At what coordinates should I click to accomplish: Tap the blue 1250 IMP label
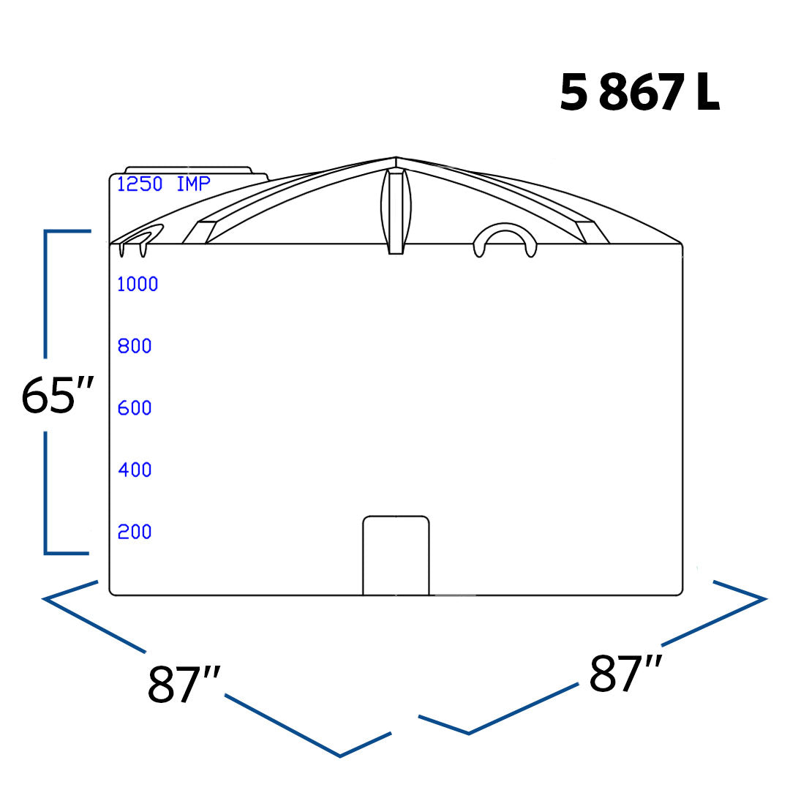click(163, 184)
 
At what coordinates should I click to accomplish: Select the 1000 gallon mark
click(138, 285)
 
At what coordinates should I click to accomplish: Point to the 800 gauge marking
click(135, 346)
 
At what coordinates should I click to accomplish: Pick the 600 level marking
click(135, 408)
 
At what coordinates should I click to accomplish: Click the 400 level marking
click(135, 470)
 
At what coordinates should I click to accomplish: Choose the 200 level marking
click(135, 532)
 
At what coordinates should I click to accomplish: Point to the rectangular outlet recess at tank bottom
click(396, 555)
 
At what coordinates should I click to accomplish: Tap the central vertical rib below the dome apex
click(396, 212)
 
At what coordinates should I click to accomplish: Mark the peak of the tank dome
click(396, 157)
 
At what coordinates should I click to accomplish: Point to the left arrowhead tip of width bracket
click(44, 599)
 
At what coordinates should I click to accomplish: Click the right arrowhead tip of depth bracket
click(764, 599)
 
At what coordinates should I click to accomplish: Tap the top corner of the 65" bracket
click(46, 232)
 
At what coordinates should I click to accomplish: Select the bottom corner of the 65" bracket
click(46, 552)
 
